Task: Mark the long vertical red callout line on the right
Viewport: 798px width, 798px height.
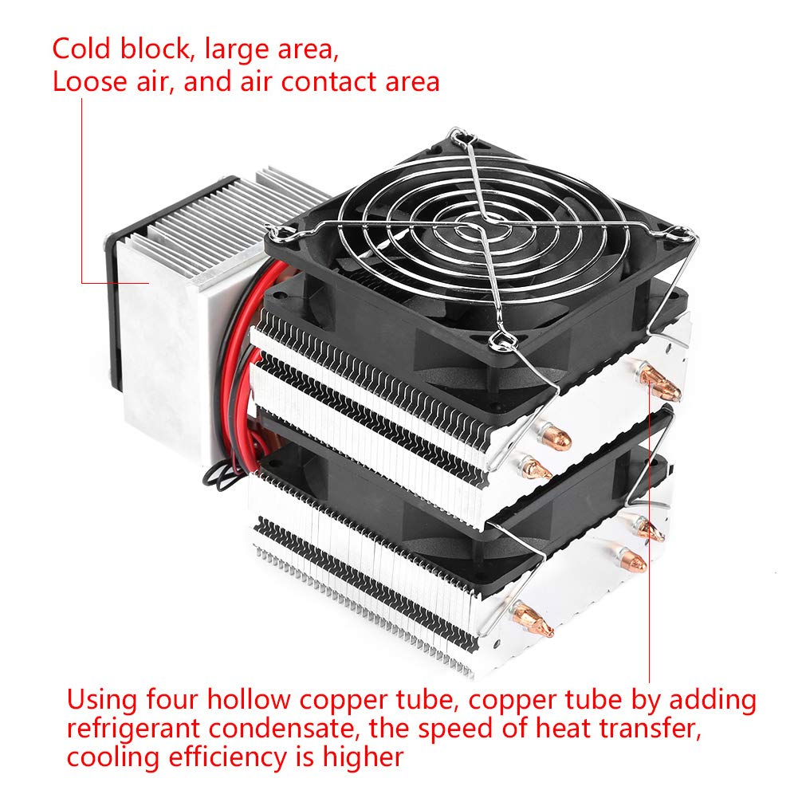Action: click(650, 542)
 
